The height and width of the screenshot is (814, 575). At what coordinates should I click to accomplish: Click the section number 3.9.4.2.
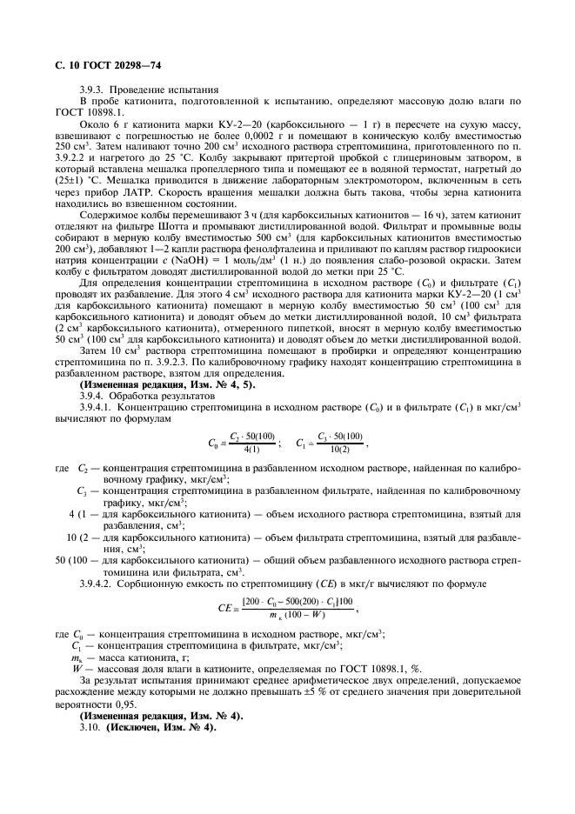[96, 577]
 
